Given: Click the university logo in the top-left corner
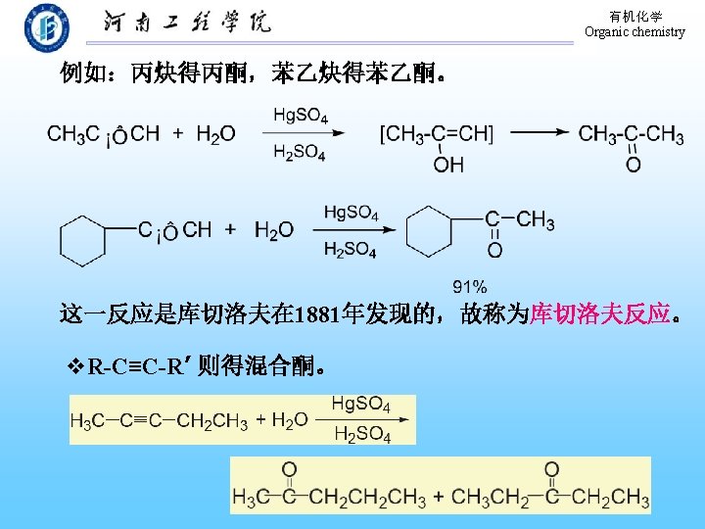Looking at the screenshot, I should [47, 26].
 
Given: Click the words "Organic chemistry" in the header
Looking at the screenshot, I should [634, 31].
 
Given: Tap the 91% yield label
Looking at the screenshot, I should [470, 286].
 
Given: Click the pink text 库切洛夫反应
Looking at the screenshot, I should [599, 314].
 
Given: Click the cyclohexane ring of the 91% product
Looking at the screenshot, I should [429, 232].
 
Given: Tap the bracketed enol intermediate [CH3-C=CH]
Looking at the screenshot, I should [437, 133].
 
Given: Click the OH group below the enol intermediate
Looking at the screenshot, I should [448, 164].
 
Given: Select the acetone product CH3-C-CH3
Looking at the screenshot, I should [632, 133].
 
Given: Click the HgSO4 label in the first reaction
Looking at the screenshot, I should [301, 115].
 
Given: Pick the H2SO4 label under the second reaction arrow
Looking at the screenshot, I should [350, 250].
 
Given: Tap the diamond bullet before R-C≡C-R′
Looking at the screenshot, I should [75, 368].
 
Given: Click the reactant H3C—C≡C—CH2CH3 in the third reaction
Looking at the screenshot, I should [159, 420].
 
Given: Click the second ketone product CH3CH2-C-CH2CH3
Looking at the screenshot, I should [549, 489].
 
